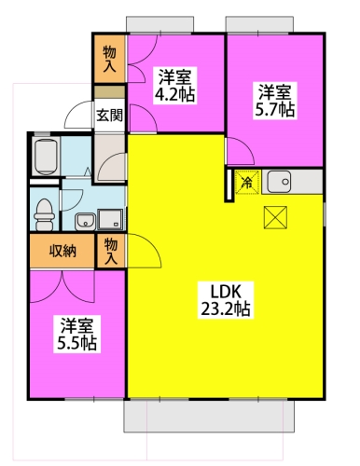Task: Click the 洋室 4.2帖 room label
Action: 175,86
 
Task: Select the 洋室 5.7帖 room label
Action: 275,101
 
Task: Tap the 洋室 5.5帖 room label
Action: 76,334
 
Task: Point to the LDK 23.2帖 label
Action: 226,300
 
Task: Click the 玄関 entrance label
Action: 109,116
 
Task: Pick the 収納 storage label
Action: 62,251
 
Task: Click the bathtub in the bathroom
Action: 46,157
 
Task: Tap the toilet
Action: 44,214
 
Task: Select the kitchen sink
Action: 279,182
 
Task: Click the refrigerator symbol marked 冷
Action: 247,182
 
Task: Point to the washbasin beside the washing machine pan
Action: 85,222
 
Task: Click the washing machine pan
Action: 110,220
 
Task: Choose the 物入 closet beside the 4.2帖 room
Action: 110,59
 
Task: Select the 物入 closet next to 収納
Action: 111,251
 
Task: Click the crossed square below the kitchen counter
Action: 275,217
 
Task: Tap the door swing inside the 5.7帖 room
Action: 240,151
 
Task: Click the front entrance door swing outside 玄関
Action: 78,115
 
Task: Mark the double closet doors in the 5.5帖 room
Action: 62,286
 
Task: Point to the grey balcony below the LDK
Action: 209,416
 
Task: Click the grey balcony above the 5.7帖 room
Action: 259,24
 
